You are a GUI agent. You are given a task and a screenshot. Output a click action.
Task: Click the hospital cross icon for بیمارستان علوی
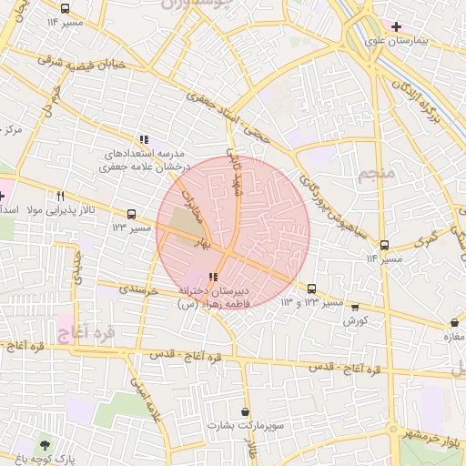(396, 25)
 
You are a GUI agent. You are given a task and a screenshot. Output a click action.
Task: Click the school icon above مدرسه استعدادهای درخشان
(144, 139)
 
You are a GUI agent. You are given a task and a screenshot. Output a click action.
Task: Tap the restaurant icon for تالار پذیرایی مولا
(61, 196)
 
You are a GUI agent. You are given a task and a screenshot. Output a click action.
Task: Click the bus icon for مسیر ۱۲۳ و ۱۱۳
(312, 288)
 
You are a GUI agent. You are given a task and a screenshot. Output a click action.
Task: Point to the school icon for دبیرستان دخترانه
(213, 277)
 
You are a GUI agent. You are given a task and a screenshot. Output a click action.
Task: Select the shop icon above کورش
(355, 307)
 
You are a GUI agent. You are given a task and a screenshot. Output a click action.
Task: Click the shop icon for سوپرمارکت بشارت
(245, 411)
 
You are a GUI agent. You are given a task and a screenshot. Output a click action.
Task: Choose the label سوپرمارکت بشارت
(240, 425)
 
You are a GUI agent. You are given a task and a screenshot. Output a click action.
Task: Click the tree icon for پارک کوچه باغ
(45, 445)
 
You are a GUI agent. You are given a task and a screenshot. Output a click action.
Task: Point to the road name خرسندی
(138, 289)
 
